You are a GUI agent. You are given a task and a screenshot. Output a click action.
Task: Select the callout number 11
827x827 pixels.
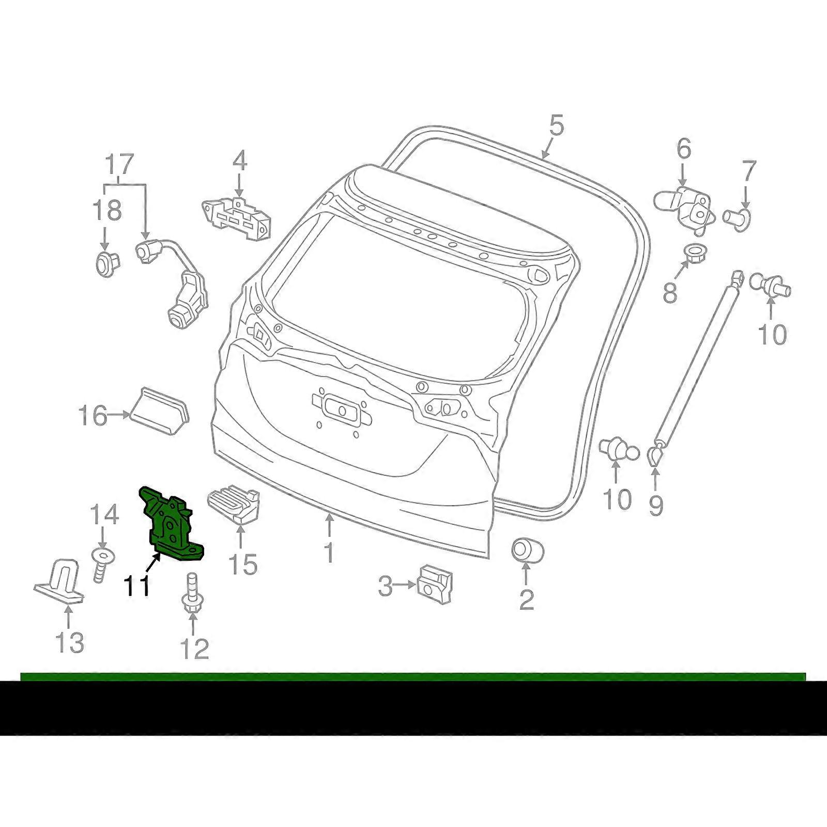click(x=137, y=586)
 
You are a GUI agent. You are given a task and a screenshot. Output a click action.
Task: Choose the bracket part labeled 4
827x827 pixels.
click(x=237, y=217)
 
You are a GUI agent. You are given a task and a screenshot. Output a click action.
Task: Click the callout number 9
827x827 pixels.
click(x=655, y=505)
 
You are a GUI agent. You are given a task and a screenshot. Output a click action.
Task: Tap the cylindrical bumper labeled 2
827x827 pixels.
click(x=528, y=549)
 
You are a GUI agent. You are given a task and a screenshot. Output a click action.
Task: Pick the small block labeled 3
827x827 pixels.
click(x=434, y=584)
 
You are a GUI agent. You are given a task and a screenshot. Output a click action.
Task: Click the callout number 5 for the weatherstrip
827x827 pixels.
click(x=556, y=126)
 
